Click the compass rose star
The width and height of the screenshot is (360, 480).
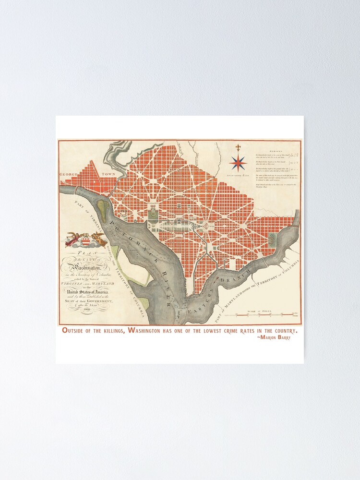point(238,163)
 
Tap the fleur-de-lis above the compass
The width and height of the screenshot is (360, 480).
point(238,147)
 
